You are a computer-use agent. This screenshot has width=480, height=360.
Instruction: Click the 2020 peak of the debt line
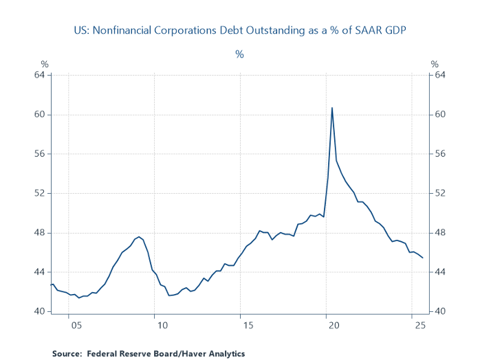(x=332, y=108)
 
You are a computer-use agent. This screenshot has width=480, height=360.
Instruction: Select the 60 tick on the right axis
(x=438, y=115)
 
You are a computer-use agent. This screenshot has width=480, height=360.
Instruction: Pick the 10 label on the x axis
(x=157, y=325)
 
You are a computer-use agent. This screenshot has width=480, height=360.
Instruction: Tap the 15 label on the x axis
(x=241, y=325)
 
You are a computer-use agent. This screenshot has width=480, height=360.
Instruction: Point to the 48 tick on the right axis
(x=438, y=233)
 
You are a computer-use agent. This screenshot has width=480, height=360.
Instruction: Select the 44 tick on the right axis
(x=438, y=272)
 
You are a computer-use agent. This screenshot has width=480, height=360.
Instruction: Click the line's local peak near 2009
(x=139, y=237)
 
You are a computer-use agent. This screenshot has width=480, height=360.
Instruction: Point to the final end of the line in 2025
(x=422, y=258)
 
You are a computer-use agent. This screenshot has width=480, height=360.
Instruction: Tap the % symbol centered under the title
(x=239, y=54)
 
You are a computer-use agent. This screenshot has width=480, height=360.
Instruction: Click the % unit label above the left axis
(x=45, y=65)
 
